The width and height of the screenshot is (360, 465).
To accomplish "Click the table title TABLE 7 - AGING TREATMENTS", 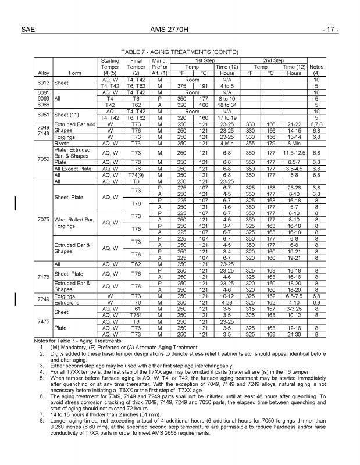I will (180, 51).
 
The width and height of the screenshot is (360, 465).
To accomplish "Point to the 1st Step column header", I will (204, 60).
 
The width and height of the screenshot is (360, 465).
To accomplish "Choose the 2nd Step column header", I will (273, 60).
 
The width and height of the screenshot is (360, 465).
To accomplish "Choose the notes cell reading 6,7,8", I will (316, 124).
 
